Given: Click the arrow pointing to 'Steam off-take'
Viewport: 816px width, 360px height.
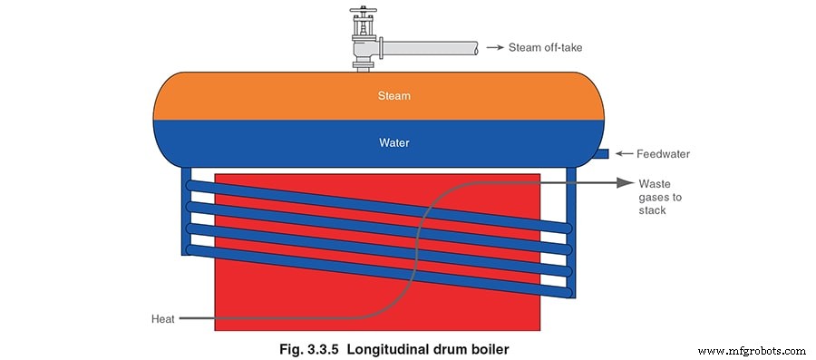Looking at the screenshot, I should [x=493, y=47].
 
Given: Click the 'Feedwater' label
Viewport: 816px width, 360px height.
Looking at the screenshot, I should [x=664, y=154].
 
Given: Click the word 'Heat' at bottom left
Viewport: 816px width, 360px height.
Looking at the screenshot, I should [x=164, y=319].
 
